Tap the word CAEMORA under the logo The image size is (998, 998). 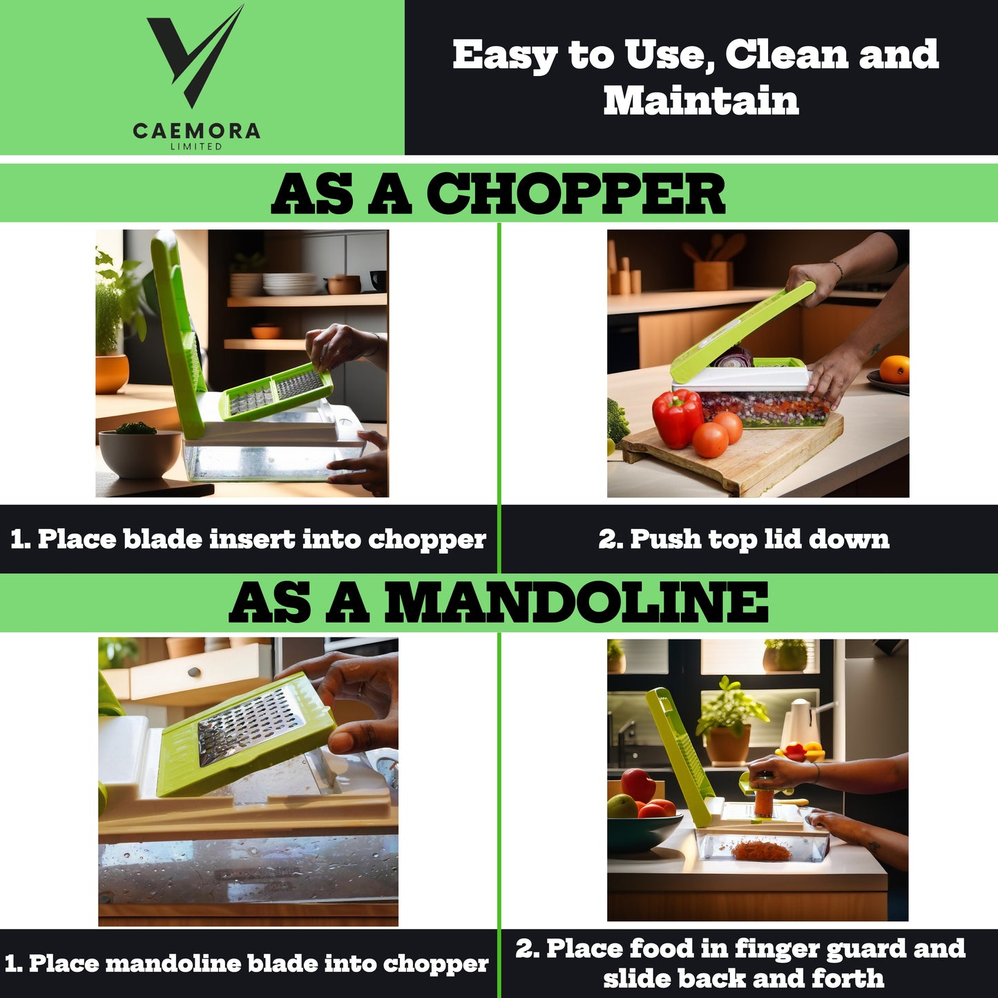(x=197, y=131)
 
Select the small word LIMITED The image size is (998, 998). (x=197, y=146)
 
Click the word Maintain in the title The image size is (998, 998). (x=701, y=100)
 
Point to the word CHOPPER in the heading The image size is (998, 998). (x=575, y=193)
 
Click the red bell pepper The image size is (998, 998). (x=677, y=418)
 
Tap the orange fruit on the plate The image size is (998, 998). (x=894, y=369)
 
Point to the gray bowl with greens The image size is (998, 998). (x=140, y=452)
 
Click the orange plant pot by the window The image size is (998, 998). (x=112, y=374)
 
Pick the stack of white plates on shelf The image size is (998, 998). (x=290, y=284)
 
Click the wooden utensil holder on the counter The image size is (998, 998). (x=713, y=276)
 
